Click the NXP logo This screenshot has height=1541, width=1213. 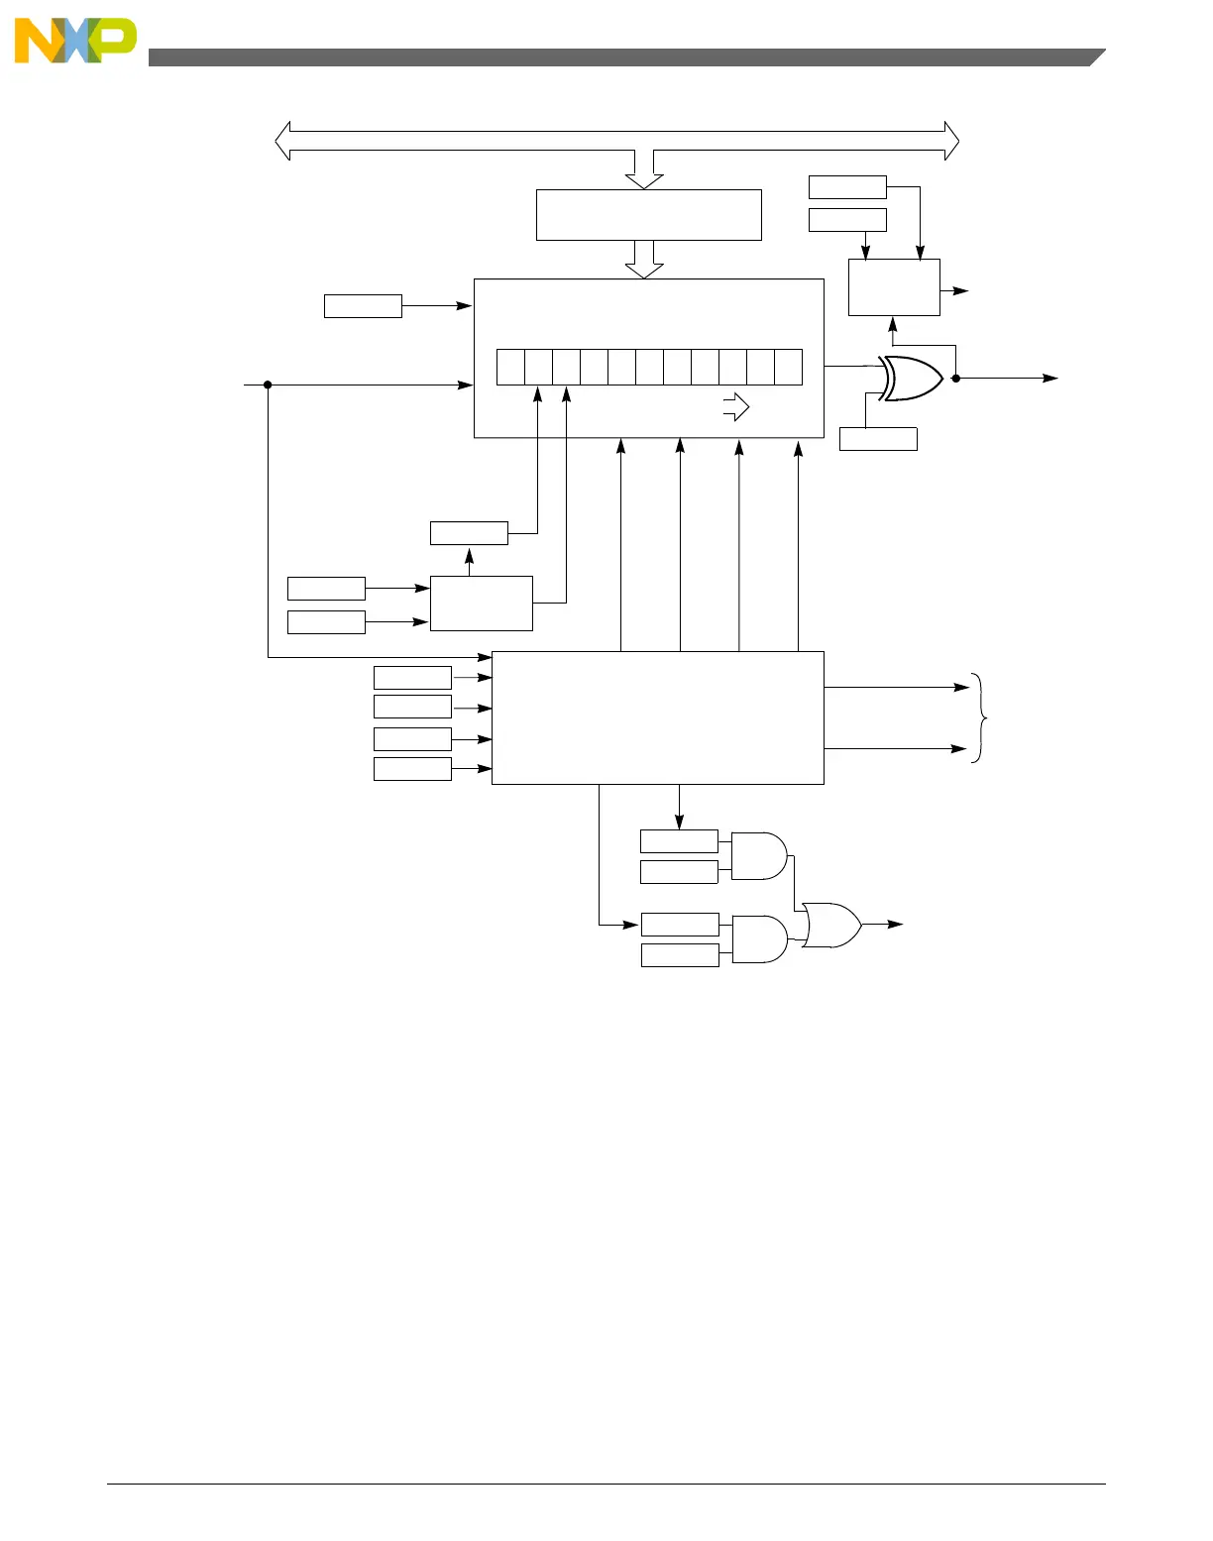click(x=74, y=42)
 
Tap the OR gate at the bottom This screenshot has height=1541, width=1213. click(x=831, y=925)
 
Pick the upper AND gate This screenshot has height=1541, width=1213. click(x=758, y=856)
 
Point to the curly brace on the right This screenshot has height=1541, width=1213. click(x=981, y=717)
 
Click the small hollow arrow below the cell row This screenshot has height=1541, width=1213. click(x=736, y=407)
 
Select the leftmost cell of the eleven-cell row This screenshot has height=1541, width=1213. click(x=510, y=367)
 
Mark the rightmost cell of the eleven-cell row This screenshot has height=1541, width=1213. click(x=788, y=367)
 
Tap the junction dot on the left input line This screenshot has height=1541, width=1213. click(x=268, y=385)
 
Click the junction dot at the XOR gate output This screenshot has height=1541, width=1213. click(x=955, y=378)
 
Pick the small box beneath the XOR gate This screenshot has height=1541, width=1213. click(x=878, y=439)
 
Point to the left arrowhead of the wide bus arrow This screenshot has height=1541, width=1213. click(x=283, y=141)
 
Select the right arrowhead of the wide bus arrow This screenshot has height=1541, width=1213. click(x=951, y=141)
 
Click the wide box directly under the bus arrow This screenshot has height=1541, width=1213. click(x=648, y=215)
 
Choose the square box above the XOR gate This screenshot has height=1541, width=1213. click(x=894, y=287)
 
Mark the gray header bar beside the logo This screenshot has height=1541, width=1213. click(x=624, y=57)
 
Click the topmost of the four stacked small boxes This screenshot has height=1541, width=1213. click(x=412, y=678)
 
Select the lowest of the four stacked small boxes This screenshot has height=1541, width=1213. click(x=412, y=769)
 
